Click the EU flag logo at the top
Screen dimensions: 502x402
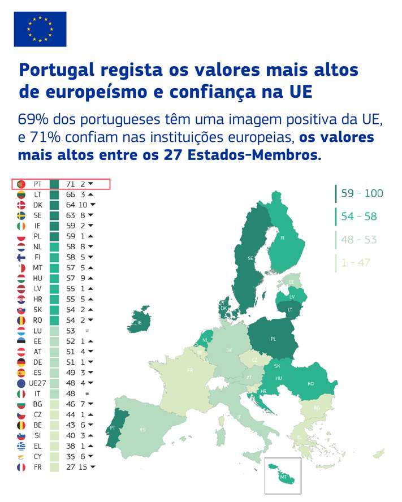coord(40,29)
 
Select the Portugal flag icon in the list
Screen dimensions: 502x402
coord(21,184)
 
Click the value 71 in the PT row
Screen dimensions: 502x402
coord(71,184)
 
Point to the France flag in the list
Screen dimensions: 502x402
coord(21,467)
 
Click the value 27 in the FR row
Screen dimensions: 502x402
coord(71,467)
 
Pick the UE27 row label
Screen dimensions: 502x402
coord(37,382)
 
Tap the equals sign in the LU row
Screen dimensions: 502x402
coord(87,330)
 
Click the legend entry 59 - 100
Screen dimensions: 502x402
coord(362,193)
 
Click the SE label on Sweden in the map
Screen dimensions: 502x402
coord(250,258)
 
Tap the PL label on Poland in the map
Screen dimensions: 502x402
coord(273,339)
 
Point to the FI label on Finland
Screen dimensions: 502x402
coord(282,238)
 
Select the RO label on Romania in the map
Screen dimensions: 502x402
coord(310,383)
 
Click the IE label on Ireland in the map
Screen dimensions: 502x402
coord(139,323)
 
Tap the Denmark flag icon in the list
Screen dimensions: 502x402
coord(21,205)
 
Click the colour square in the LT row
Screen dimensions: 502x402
coord(54,194)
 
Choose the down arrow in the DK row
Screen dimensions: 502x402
coord(93,205)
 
